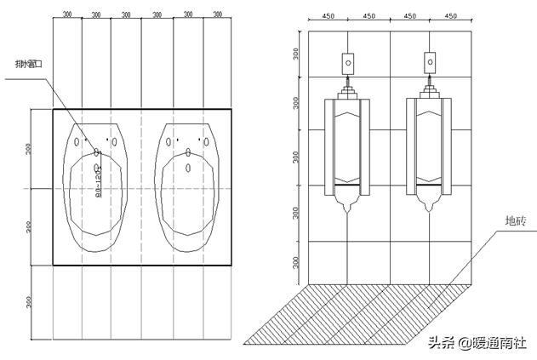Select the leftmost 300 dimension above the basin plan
[67, 14]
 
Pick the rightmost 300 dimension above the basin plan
[217, 14]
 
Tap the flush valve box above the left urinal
[347, 62]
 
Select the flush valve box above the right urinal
[430, 62]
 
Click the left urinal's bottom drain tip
[347, 206]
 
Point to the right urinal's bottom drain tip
[430, 206]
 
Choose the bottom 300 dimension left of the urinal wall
[295, 261]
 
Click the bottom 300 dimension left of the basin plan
[30, 301]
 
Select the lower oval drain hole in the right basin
[188, 167]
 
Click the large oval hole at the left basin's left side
[77, 141]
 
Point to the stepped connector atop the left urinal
[347, 89]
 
